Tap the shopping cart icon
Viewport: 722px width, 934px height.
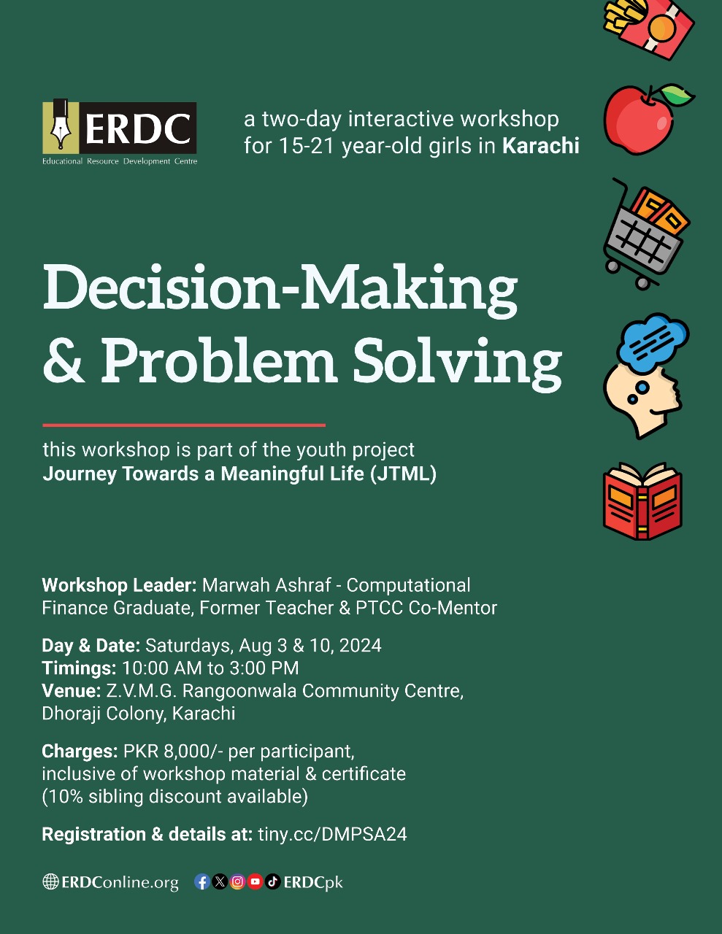point(645,234)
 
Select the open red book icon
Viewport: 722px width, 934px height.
point(643,501)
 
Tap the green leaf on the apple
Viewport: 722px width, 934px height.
point(677,95)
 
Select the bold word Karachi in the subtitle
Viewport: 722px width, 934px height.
point(540,146)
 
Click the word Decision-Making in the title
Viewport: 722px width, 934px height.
point(280,288)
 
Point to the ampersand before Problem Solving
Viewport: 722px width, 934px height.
point(64,360)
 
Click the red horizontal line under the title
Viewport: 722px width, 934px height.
point(184,425)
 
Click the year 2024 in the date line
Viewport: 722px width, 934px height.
point(361,646)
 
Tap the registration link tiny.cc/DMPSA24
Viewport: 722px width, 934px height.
point(332,834)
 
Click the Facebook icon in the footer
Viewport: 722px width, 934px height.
point(202,882)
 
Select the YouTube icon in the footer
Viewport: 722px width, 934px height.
point(255,882)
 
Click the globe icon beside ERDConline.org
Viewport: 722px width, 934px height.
point(50,882)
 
